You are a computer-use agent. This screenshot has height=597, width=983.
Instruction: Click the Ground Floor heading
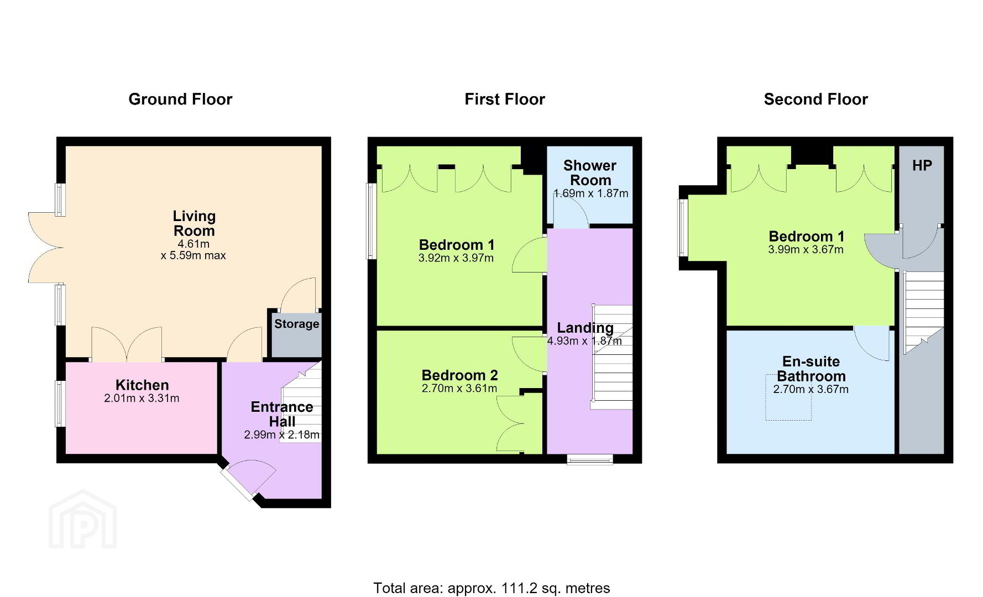[180, 99]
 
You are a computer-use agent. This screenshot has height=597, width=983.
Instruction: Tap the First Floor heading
[505, 99]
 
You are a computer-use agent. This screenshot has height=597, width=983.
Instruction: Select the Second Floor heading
[816, 99]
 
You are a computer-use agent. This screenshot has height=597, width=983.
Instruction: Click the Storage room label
[297, 324]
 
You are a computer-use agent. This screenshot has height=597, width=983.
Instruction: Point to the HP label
[922, 165]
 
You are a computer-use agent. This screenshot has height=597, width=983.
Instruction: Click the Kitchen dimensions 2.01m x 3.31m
[142, 398]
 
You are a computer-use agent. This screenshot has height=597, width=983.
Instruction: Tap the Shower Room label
[590, 172]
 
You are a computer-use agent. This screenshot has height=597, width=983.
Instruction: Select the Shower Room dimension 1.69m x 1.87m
[590, 193]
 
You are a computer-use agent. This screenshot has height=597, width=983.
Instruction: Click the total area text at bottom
[491, 588]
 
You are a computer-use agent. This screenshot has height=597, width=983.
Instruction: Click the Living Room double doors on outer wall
[45, 248]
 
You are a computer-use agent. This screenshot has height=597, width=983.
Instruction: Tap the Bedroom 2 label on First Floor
[460, 375]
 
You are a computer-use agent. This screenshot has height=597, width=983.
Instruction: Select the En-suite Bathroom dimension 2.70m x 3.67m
[811, 389]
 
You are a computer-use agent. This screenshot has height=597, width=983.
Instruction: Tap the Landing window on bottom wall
[590, 459]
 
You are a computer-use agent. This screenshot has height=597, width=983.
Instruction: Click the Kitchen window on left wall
[60, 404]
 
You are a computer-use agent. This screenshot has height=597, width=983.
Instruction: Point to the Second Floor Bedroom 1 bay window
[684, 227]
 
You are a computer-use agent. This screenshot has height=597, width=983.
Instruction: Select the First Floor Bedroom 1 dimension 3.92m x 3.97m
[456, 258]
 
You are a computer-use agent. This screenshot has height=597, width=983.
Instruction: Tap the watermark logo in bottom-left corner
[83, 520]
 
